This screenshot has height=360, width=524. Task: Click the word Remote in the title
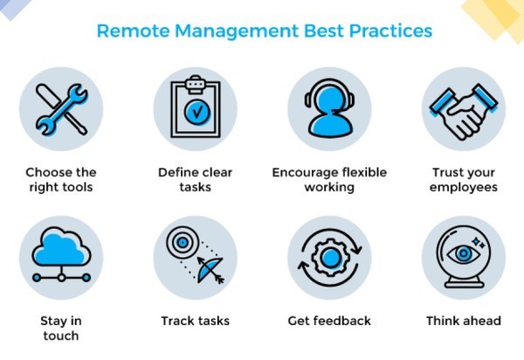tap(134, 31)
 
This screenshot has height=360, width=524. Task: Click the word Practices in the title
tap(390, 31)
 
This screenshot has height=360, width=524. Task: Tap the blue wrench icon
tap(62, 109)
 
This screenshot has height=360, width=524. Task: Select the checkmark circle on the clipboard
tap(197, 111)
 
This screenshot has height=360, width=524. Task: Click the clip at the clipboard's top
tap(195, 84)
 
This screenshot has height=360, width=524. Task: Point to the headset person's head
tap(330, 100)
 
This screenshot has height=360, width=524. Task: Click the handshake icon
tap(464, 111)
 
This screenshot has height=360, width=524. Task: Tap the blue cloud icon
tap(61, 247)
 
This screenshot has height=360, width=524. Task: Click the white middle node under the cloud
tap(61, 278)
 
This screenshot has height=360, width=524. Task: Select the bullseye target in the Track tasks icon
tap(183, 242)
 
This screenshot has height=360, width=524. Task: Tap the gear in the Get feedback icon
tap(330, 257)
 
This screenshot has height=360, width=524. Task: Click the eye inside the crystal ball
tap(464, 253)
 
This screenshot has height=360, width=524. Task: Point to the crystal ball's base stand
tap(464, 281)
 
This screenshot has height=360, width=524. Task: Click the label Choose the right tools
tap(61, 179)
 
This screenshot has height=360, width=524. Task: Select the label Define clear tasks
tap(195, 179)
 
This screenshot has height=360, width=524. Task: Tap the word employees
tap(464, 188)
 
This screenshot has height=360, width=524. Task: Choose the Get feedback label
tap(329, 321)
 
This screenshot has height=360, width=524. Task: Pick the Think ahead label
tap(464, 321)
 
